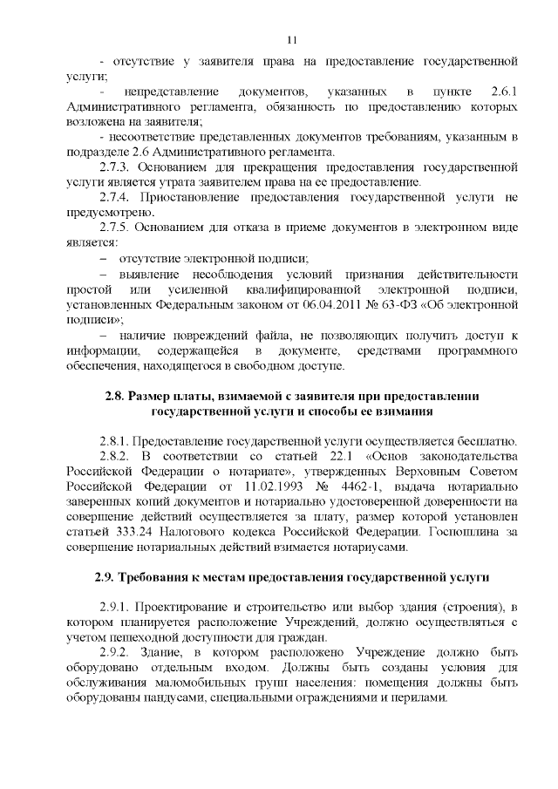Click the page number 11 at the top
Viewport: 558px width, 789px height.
pos(291,39)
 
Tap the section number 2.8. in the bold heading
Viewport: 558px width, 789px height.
pos(115,397)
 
